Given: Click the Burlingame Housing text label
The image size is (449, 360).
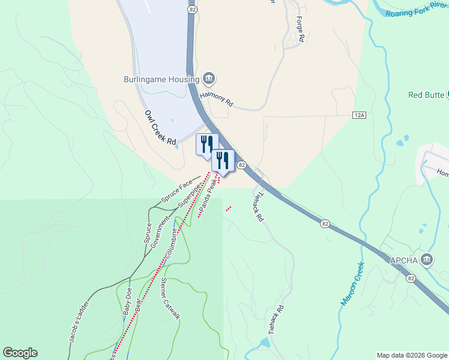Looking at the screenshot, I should click(x=161, y=79).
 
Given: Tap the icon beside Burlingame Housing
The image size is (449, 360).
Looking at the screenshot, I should click(x=209, y=79).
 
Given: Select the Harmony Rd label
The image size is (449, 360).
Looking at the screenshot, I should click(x=216, y=98).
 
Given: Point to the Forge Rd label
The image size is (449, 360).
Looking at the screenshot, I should click(x=300, y=28).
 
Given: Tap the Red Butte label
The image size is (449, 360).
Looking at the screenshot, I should click(x=426, y=95).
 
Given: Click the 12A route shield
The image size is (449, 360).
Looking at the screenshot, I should click(x=359, y=114).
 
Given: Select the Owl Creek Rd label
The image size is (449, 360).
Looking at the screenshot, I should click(x=160, y=128).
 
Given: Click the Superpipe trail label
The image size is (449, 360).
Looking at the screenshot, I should click(x=187, y=196).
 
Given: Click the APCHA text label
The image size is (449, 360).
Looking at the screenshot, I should click(x=404, y=260).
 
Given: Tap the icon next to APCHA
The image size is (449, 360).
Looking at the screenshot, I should click(x=427, y=259).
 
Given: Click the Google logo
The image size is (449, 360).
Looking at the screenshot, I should click(x=20, y=353).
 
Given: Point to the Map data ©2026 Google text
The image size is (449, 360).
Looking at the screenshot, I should click(x=411, y=355).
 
